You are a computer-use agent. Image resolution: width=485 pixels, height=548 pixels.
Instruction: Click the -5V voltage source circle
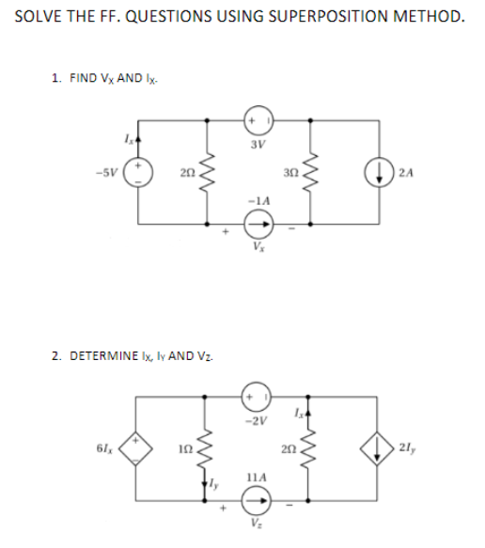(138, 172)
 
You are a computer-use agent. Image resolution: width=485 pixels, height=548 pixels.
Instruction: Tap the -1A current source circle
(258, 224)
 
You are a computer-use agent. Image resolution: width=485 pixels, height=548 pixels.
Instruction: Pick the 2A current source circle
(379, 174)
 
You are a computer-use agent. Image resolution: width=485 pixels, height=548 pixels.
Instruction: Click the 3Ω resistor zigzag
(310, 172)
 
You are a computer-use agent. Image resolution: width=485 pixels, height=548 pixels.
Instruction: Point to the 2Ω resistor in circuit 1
(208, 172)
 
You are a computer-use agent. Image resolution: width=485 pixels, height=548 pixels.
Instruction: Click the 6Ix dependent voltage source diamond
(136, 448)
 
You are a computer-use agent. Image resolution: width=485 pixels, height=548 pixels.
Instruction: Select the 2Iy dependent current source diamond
(377, 448)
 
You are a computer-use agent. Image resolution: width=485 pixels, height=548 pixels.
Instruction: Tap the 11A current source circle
(257, 500)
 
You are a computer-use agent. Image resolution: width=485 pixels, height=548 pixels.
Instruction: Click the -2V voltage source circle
(257, 397)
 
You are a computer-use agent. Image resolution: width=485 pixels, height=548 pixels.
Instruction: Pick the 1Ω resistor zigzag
(205, 448)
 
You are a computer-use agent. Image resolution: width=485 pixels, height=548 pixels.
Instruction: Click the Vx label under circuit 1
(258, 247)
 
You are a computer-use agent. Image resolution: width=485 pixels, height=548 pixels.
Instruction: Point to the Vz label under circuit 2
(257, 524)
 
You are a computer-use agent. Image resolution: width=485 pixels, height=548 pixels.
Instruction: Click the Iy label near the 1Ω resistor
(214, 484)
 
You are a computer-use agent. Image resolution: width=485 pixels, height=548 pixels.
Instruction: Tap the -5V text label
(107, 172)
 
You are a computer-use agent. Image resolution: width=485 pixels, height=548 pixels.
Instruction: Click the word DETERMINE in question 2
(103, 356)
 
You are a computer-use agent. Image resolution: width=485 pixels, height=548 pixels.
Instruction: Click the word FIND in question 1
(83, 78)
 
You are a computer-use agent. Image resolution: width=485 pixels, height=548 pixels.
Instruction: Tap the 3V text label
(258, 144)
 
